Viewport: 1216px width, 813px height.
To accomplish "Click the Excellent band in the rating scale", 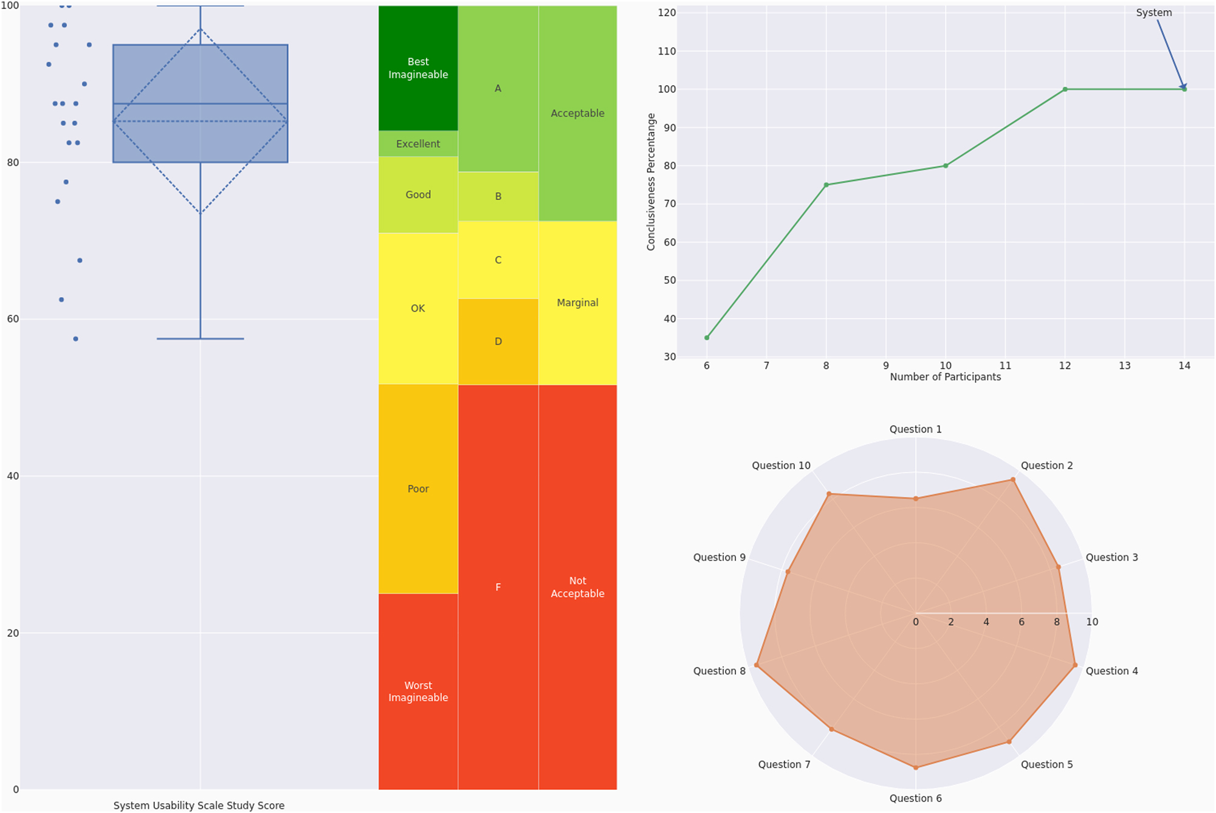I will coord(418,143).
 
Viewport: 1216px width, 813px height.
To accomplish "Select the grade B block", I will coord(498,196).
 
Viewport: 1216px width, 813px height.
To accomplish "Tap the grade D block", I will coord(498,341).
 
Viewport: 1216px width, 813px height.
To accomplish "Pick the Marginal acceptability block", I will coord(577,303).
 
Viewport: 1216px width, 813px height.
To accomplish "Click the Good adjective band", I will coord(418,194).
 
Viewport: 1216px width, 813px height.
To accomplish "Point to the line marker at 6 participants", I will coord(707,338).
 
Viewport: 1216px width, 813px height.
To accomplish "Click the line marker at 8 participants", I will coord(826,185).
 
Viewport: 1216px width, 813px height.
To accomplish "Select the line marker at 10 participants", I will coord(946,166).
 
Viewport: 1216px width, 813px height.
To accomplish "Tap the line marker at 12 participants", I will coord(1065,89).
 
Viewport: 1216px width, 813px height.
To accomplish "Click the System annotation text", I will coord(1153,13).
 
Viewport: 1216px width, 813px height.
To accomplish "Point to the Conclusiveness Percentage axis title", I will coord(651,182).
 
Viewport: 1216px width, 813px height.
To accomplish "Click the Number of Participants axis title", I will coord(945,377).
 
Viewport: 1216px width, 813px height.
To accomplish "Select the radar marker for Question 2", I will coord(1013,479).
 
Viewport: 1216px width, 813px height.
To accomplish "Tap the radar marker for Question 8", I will coord(757,665).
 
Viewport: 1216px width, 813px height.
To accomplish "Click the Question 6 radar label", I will coord(915,798).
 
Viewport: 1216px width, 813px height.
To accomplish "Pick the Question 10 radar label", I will coord(781,465).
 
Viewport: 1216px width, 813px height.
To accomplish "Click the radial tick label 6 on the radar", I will coord(1022,622).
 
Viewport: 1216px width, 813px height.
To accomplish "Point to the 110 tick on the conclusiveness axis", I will coord(667,51).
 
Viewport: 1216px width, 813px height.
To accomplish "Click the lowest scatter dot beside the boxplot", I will coord(75,339).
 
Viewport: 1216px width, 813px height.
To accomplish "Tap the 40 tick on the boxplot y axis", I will coord(13,476).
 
